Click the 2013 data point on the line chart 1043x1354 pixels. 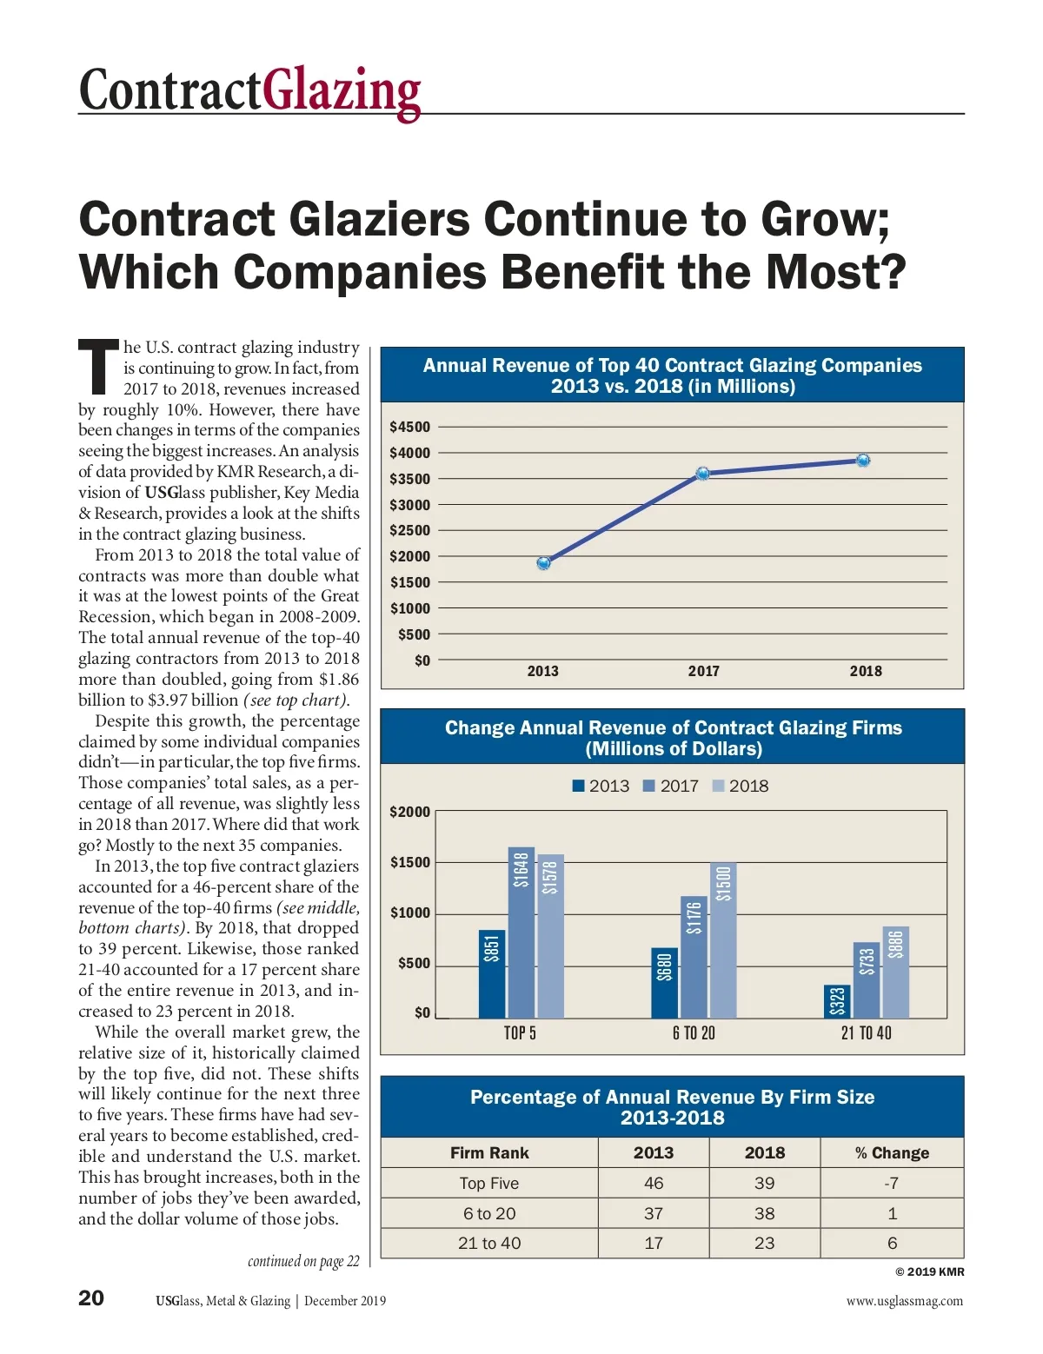pyautogui.click(x=543, y=563)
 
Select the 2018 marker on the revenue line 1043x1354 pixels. pyautogui.click(x=862, y=461)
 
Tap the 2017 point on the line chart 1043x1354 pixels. pyautogui.click(x=702, y=474)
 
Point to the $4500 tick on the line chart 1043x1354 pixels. pyautogui.click(x=409, y=427)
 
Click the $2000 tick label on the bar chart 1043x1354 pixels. pyautogui.click(x=409, y=812)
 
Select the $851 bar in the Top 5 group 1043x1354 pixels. pyautogui.click(x=492, y=973)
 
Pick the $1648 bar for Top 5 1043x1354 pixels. pyautogui.click(x=521, y=932)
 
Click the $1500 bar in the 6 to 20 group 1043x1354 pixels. pyautogui.click(x=723, y=939)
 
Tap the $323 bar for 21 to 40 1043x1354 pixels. pyautogui.click(x=837, y=1001)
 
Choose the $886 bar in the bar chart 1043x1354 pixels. pyautogui.click(x=896, y=972)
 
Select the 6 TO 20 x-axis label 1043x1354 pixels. pyautogui.click(x=694, y=1033)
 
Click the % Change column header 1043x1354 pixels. pyautogui.click(x=892, y=1153)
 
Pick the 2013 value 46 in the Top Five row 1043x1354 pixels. pyautogui.click(x=654, y=1183)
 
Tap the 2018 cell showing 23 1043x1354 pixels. pyautogui.click(x=764, y=1244)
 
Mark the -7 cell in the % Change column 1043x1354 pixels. pyautogui.click(x=892, y=1183)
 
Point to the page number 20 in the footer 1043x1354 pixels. pyautogui.click(x=91, y=1298)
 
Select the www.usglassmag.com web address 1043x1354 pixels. pyautogui.click(x=904, y=1301)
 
